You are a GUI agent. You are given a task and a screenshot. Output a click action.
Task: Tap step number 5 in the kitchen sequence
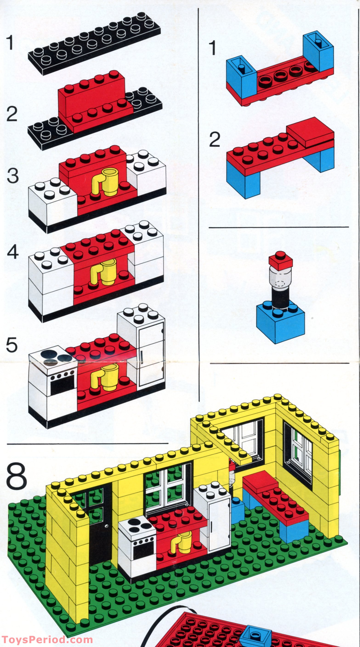click(x=11, y=345)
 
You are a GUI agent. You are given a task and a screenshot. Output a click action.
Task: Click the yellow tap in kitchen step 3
click(x=105, y=182)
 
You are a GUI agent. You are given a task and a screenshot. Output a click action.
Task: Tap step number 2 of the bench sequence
click(x=215, y=140)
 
